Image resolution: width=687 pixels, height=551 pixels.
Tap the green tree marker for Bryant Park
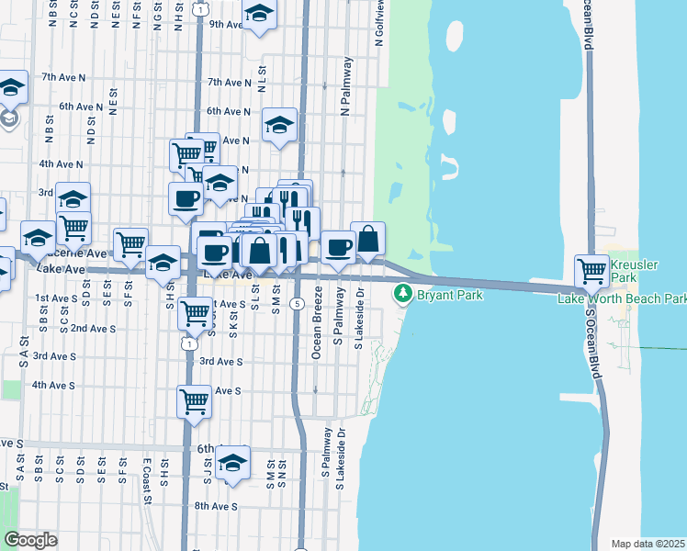(x=402, y=294)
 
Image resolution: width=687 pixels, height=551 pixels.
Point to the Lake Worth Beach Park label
(x=623, y=298)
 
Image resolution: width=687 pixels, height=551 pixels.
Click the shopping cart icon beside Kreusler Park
(x=591, y=270)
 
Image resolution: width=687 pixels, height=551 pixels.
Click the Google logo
(x=30, y=540)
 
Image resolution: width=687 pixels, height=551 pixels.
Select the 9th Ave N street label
(x=227, y=25)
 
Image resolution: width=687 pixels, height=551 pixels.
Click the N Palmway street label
(x=347, y=86)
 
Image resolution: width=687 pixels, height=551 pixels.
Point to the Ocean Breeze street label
(x=318, y=317)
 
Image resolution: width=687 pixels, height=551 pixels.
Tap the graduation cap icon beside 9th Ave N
(x=260, y=15)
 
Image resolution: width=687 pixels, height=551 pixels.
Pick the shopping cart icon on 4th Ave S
(x=195, y=400)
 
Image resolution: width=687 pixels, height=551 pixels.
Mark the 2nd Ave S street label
(x=93, y=328)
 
